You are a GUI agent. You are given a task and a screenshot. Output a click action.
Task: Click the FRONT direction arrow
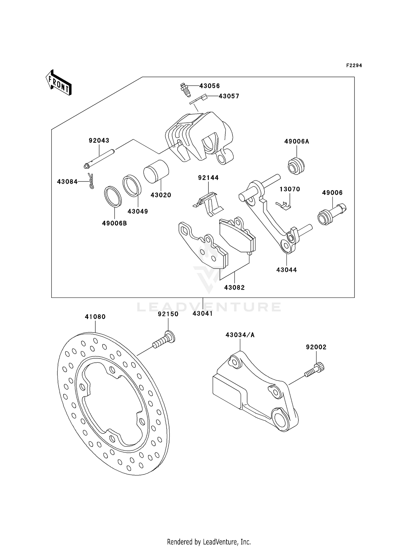coord(59,83)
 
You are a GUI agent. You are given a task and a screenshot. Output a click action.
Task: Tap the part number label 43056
coord(209,86)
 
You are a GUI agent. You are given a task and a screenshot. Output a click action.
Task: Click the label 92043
coord(99,141)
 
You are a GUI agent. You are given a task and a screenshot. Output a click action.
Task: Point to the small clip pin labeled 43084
coord(91,181)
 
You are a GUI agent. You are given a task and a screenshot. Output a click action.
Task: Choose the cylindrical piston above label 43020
coord(156,172)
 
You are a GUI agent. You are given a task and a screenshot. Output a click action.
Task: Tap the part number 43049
coord(138,212)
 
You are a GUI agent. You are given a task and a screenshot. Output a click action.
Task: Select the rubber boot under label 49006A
coord(296,166)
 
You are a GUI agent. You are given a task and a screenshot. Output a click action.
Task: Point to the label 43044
coord(286,270)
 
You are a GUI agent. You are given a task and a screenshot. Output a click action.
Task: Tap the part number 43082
coord(234,287)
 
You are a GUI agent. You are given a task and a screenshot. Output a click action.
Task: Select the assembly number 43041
coord(203,314)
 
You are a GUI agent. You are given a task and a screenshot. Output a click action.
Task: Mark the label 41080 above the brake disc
coord(95,317)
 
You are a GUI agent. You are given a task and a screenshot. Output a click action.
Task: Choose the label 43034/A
coord(240,335)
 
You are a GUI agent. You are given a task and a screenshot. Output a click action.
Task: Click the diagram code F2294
coord(354,66)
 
